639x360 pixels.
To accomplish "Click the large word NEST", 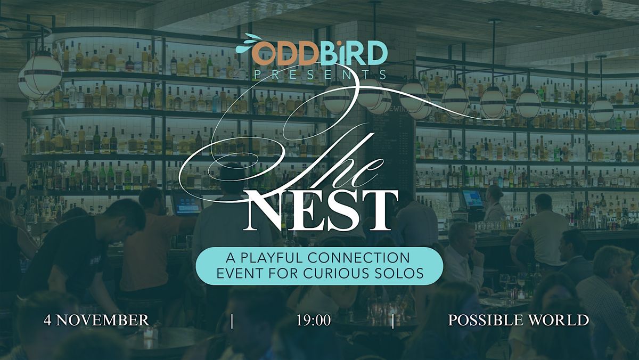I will coord(320,211).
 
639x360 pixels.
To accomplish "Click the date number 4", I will coord(47,321).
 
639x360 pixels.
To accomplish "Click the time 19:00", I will coord(314,321).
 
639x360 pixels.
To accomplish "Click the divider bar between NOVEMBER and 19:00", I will coord(232,321).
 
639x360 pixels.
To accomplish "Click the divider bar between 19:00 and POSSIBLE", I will coord(393,321).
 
